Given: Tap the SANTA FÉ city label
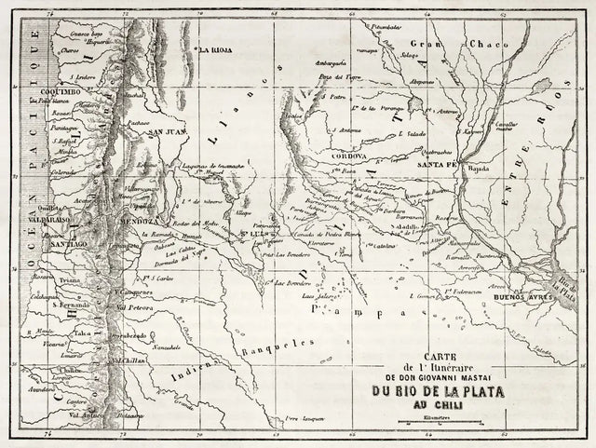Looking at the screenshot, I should tap(437, 164).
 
